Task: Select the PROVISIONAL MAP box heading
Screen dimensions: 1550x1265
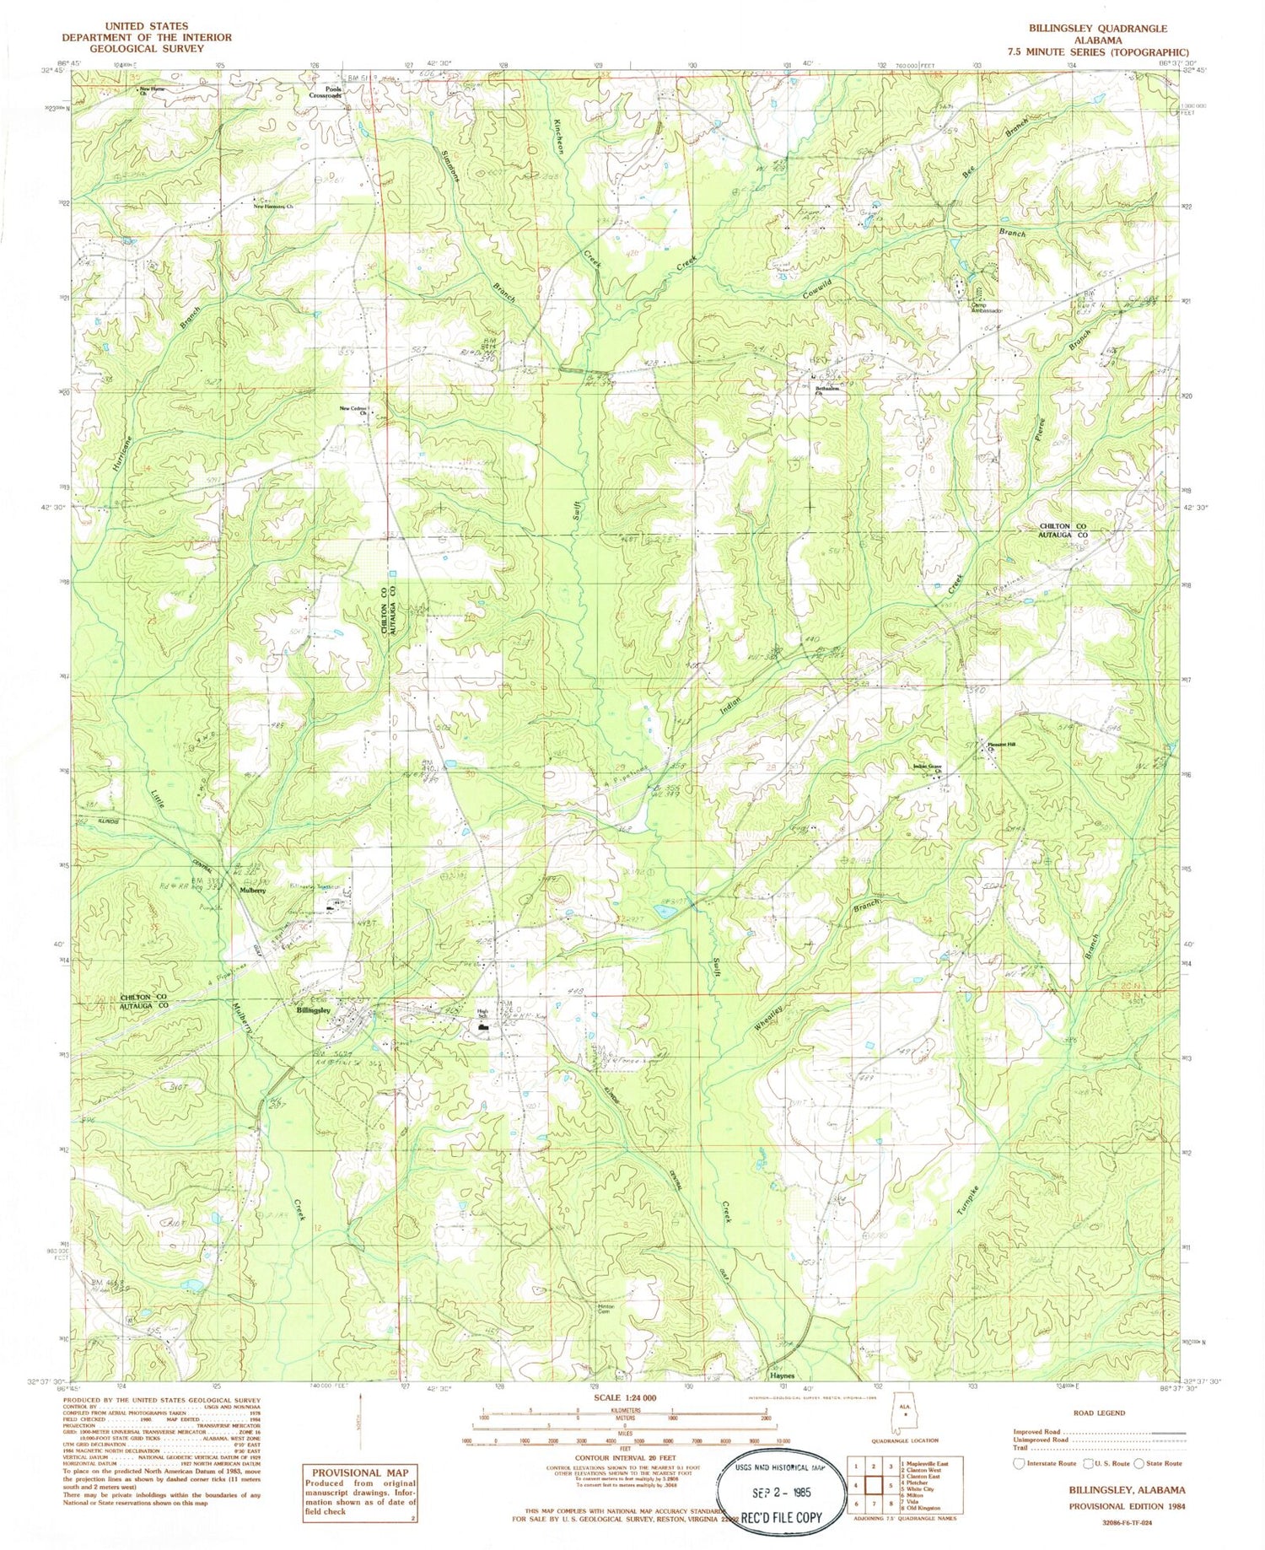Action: (360, 1472)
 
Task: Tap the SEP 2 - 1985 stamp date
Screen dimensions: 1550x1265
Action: (781, 1491)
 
